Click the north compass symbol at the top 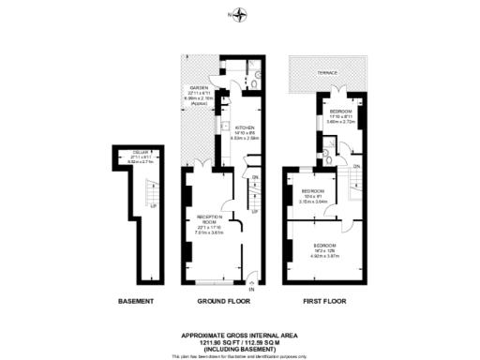click(x=241, y=15)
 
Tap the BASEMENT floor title click(x=138, y=301)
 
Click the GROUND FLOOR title click(x=224, y=301)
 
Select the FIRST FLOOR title click(x=321, y=301)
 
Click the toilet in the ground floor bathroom click(x=254, y=82)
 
